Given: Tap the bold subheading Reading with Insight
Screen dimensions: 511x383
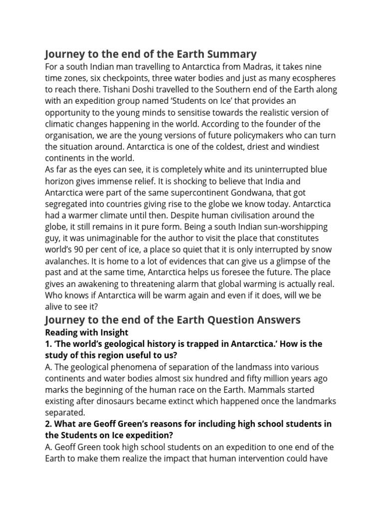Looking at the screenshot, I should tap(86, 332).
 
